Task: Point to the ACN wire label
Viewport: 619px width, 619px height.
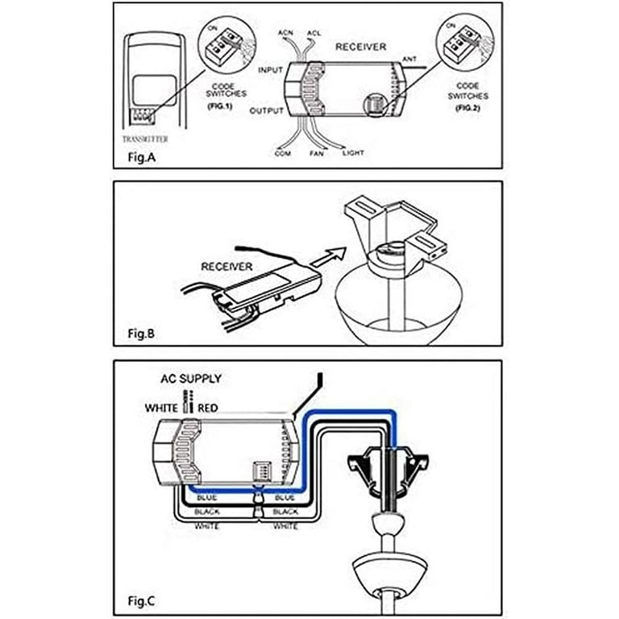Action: coord(286,33)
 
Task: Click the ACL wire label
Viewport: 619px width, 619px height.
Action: coord(314,33)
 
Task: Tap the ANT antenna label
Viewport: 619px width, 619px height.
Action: coord(410,60)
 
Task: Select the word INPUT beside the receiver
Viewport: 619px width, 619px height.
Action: coord(270,71)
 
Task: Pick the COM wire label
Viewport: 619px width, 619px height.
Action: coord(283,152)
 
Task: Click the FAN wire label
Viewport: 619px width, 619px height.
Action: coord(318,152)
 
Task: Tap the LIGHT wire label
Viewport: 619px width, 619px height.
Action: coord(353,152)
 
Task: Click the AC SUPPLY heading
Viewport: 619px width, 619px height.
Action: coord(190,379)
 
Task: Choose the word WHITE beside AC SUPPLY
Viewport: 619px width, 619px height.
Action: coord(161,408)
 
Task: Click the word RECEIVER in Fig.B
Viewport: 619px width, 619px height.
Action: coord(226,267)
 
